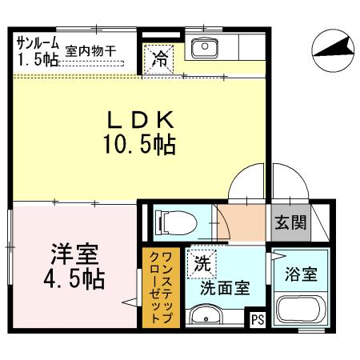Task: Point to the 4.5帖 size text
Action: pyautogui.click(x=74, y=282)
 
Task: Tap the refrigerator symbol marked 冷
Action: pyautogui.click(x=160, y=58)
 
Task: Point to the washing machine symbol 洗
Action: pyautogui.click(x=202, y=262)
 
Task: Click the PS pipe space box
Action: pyautogui.click(x=257, y=320)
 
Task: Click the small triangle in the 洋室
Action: pyautogui.click(x=127, y=302)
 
